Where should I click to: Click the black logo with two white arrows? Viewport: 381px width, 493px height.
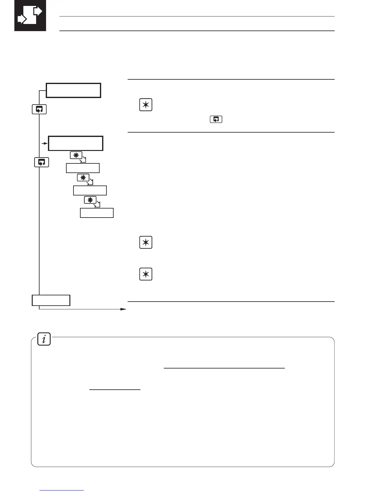30,16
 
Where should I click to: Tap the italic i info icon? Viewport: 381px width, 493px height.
44,339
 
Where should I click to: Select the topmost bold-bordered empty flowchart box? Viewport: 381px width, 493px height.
73,91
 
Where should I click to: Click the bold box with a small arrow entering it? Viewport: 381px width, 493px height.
76,143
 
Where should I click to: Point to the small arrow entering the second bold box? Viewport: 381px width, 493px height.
45,143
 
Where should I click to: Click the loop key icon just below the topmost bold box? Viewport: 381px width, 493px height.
39,109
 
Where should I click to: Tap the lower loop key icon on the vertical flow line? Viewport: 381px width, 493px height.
41,162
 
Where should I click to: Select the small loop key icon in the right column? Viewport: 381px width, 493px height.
216,119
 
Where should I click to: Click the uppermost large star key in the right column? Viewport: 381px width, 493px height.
146,105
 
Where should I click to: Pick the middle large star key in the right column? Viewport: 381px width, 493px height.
146,242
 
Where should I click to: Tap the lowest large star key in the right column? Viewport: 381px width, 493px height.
146,274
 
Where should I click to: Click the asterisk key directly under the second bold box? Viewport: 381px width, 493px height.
76,155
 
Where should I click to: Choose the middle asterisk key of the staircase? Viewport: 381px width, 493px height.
83,178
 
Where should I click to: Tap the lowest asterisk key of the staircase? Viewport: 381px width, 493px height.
90,200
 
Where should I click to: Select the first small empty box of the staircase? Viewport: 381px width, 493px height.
83,168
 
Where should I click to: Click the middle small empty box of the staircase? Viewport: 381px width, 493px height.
90,190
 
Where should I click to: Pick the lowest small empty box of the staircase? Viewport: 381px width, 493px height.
97,213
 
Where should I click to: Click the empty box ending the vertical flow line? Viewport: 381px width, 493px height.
51,300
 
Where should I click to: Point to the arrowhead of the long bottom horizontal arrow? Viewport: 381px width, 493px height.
124,309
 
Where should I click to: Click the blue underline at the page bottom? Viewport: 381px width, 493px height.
62,491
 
